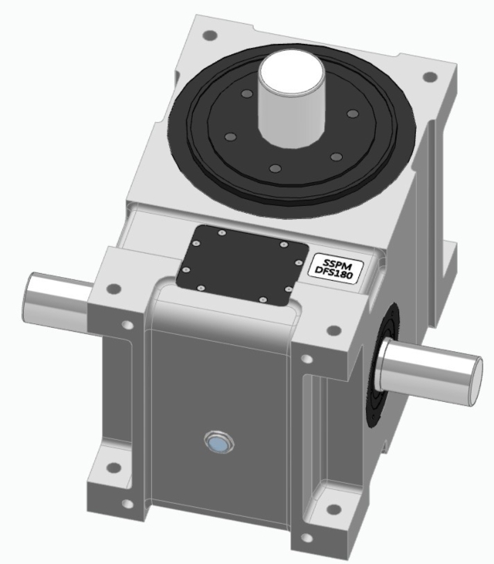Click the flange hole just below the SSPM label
coord(333,329)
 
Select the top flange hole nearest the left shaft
coord(113,289)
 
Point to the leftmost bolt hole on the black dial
coord(229,137)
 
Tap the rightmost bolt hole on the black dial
coord(352,114)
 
